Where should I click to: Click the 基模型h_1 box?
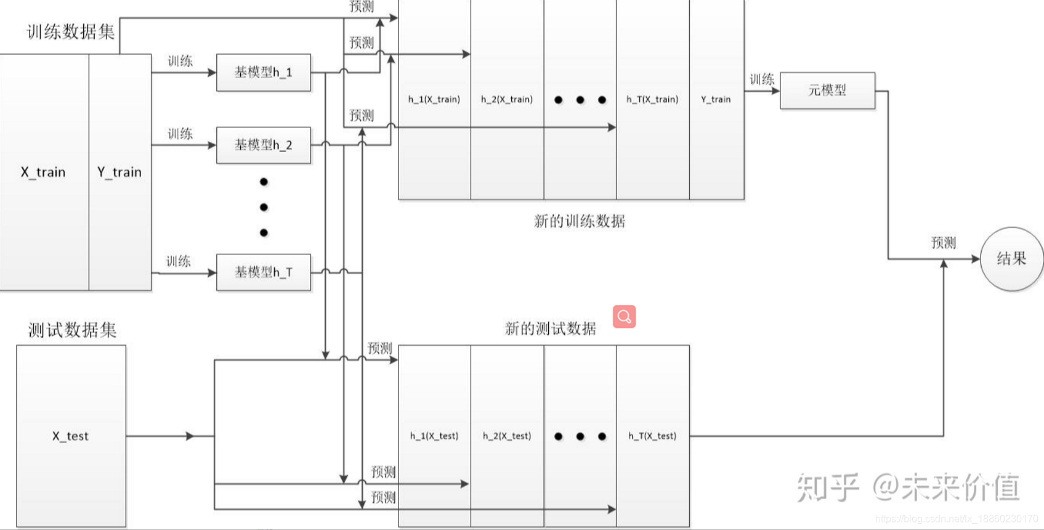pos(263,72)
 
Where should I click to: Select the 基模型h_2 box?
pos(263,145)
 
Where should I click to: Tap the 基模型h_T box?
pos(263,272)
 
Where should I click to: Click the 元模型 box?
pos(827,91)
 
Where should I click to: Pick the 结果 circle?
pos(1011,259)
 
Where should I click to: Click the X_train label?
pos(43,172)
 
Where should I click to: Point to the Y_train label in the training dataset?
pos(119,172)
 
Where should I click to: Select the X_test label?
pos(70,436)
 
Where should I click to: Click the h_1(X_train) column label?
pos(434,99)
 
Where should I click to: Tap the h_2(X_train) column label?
pos(506,99)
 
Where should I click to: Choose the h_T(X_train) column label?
pos(652,99)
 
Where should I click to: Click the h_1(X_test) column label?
pos(434,436)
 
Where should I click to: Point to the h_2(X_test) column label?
pos(506,436)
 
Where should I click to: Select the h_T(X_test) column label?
pos(652,436)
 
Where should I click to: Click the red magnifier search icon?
pos(624,317)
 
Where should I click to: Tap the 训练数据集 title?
pos(71,31)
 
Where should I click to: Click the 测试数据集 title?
pos(72,330)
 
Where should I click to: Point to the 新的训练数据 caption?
pos(579,221)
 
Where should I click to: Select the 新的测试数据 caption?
pos(550,328)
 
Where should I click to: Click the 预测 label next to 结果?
pos(943,243)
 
